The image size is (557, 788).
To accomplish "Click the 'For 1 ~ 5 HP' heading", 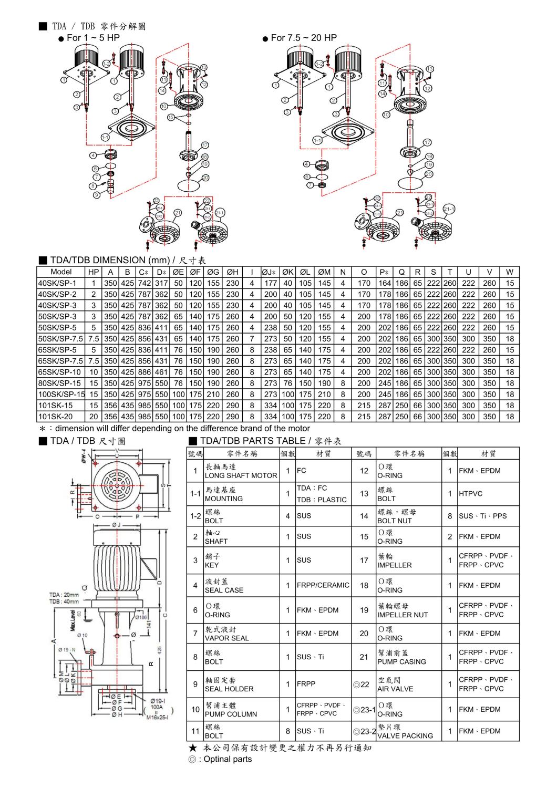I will coord(93,38).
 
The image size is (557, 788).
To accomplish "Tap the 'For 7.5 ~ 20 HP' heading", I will coord(304,38).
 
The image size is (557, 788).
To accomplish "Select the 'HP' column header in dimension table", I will coord(94,272).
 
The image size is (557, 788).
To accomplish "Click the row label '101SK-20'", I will coord(55,417).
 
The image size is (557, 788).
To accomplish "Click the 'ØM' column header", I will coord(324,272).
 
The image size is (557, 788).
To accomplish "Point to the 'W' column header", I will coord(509,272).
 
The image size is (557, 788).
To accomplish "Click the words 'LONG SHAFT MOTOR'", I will coord(241,475).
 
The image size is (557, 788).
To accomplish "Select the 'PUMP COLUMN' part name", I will coord(231,714).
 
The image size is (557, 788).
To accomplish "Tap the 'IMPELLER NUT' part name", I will coord(403,615).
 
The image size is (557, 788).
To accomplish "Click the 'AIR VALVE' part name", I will coord(395,689).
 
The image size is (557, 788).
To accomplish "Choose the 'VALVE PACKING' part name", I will coord(405,735).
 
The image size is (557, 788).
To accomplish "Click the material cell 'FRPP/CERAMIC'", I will coord(323,585).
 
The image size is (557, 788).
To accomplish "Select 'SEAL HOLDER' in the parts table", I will coord(229,689).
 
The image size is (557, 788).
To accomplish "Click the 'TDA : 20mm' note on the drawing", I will coord(64,595).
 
